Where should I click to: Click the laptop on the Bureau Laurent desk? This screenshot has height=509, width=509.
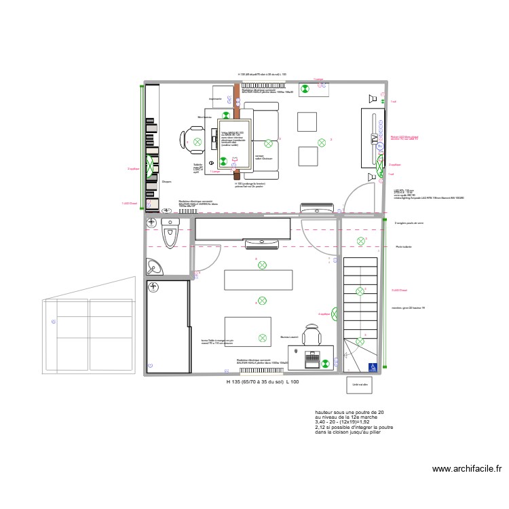313,357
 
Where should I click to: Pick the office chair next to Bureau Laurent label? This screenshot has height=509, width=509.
312,337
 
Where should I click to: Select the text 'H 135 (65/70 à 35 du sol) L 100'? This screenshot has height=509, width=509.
262,382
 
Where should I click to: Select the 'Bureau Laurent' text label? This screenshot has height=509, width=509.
289,337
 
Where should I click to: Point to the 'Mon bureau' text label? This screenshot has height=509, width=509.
204,117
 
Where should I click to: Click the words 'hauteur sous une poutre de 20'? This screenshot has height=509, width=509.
349,412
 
